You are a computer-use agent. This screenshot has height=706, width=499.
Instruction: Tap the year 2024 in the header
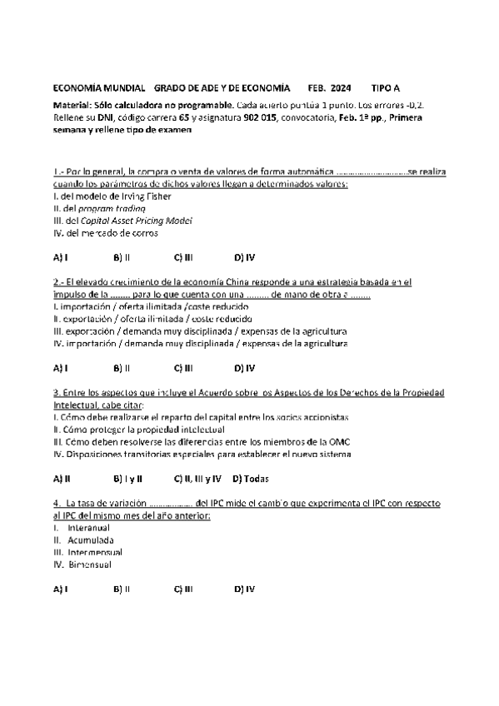coord(340,87)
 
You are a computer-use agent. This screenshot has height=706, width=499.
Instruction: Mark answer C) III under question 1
coord(183,257)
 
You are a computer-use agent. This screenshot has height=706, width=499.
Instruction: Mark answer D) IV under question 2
coord(244,367)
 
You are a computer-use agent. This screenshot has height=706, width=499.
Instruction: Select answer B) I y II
coord(127,478)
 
